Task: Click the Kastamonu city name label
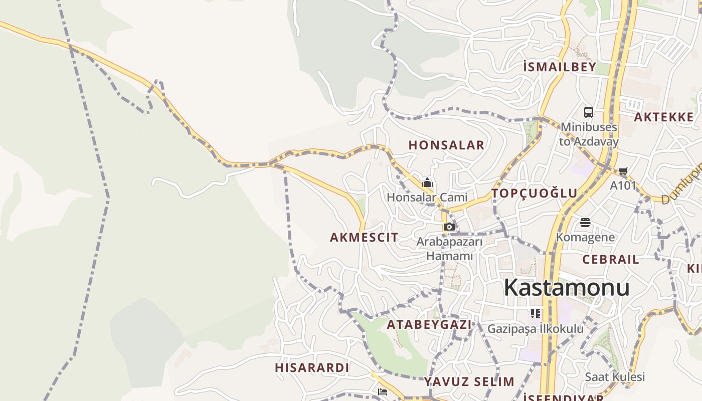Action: [x=567, y=288]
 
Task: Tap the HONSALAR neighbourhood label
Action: [x=446, y=145]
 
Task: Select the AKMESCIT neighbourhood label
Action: [x=364, y=238]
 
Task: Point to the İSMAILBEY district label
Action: [x=560, y=67]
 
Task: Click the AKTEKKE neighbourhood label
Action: [x=664, y=117]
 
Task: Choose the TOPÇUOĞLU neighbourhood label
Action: [x=535, y=193]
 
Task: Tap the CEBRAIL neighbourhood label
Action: [x=611, y=260]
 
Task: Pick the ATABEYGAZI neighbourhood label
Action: [x=429, y=325]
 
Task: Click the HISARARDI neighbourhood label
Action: [x=312, y=368]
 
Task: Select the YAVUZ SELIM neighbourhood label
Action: [x=469, y=382]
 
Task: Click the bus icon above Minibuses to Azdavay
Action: [x=589, y=112]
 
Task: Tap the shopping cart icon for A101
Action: [x=623, y=171]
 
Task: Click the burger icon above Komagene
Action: [x=585, y=222]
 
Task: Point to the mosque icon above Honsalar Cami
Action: [x=427, y=182]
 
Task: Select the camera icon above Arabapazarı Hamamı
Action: [x=449, y=227]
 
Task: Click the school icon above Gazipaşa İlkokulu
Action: [x=536, y=314]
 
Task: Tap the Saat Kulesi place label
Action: [x=615, y=377]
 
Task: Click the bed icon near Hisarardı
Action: [x=383, y=392]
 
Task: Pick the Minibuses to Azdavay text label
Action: [x=589, y=134]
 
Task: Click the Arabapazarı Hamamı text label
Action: [x=449, y=249]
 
